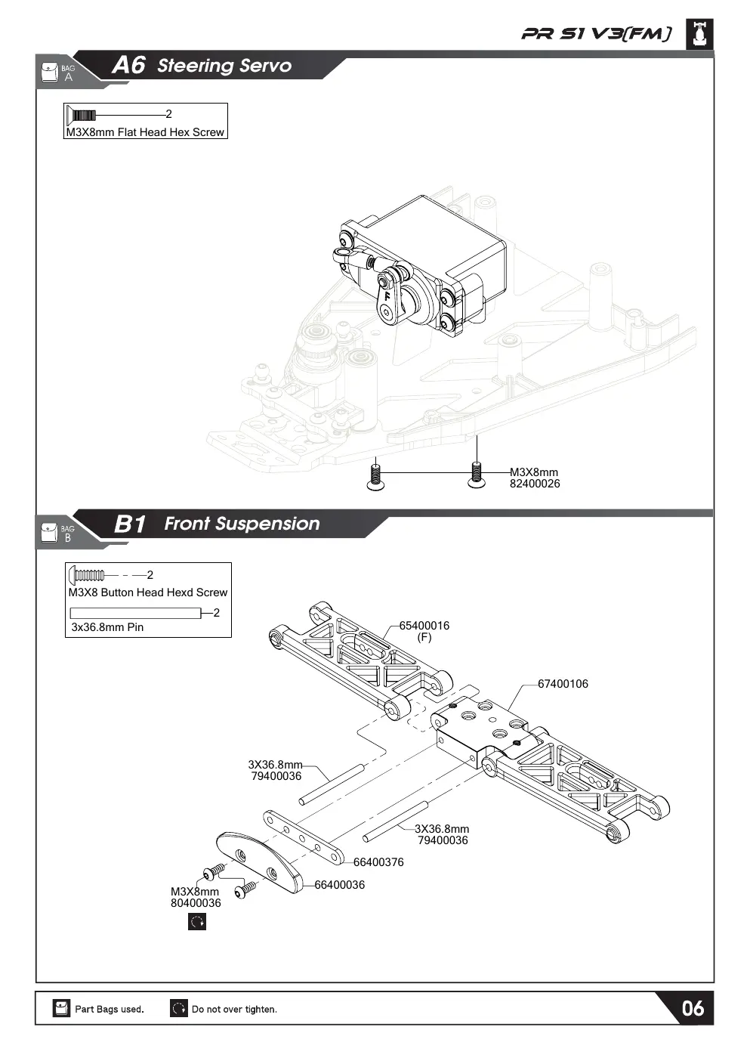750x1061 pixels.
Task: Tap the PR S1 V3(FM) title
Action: (x=596, y=34)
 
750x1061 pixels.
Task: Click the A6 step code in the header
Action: (x=128, y=65)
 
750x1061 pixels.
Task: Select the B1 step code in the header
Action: (x=130, y=524)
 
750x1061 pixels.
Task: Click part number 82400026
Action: (x=535, y=484)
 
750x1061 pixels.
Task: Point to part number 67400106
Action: (x=563, y=683)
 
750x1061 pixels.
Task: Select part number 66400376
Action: (x=378, y=862)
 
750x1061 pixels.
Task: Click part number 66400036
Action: (x=339, y=885)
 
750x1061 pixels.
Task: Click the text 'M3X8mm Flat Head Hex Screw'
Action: (x=145, y=132)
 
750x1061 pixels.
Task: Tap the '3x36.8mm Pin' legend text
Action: (x=107, y=627)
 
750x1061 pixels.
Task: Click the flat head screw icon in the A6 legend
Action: (x=81, y=115)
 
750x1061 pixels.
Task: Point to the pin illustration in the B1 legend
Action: (x=135, y=613)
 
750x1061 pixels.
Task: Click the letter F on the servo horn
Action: (x=387, y=297)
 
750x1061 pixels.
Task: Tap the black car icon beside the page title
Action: (x=700, y=34)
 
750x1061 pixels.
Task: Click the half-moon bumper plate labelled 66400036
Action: (x=260, y=862)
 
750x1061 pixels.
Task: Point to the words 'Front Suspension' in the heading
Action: (x=242, y=524)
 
